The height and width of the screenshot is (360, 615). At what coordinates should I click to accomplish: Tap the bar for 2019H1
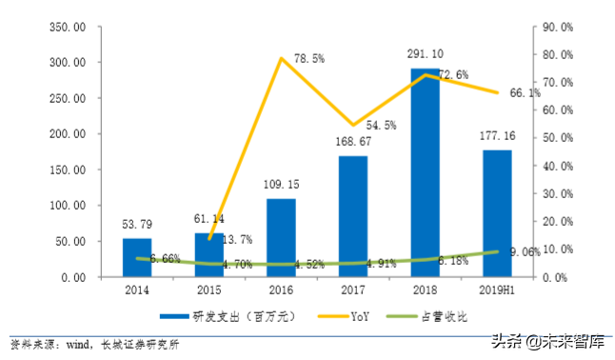point(497,213)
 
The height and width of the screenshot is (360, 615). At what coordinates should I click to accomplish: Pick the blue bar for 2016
point(281,238)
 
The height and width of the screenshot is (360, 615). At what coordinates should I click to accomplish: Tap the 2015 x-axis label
point(209,289)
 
